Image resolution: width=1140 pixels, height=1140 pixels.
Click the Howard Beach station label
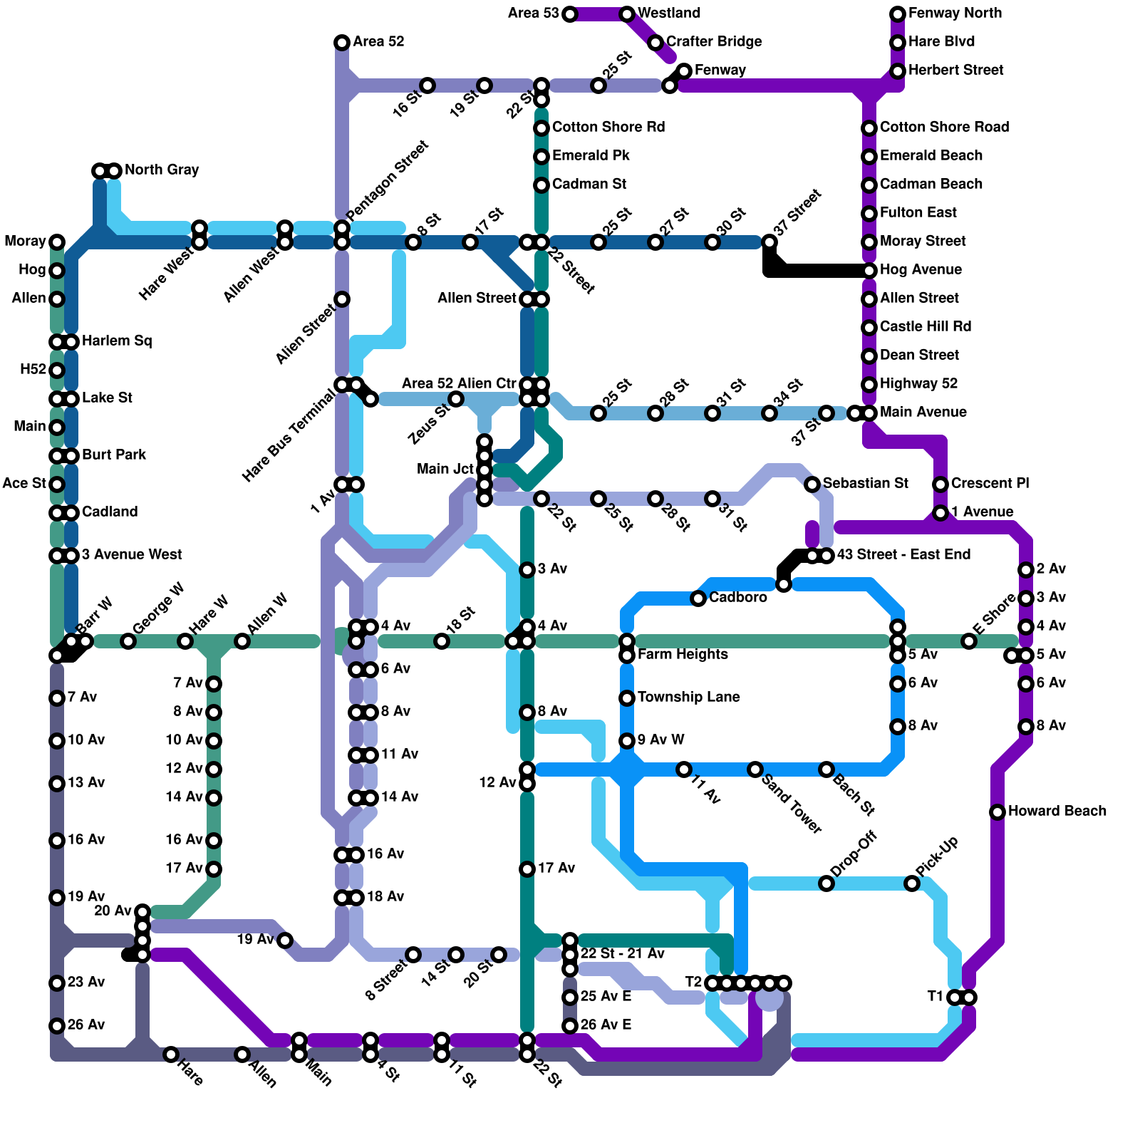point(1057,811)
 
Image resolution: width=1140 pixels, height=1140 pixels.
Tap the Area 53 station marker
point(570,14)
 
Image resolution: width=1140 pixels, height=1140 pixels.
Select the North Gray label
point(162,170)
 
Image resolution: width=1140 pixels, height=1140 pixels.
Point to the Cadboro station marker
point(698,598)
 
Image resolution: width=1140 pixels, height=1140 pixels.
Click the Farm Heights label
point(683,654)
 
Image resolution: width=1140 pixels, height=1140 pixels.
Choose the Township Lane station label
point(688,697)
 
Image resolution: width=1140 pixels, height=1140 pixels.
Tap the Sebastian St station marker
point(812,484)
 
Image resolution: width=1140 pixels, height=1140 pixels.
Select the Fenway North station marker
point(898,14)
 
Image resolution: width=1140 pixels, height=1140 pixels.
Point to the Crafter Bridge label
point(714,41)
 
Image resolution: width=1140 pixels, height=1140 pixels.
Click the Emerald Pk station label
point(591,155)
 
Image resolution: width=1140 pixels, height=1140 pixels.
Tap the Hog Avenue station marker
point(869,271)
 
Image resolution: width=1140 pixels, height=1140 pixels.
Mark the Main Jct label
point(445,469)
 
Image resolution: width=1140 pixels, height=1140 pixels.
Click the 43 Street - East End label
point(903,554)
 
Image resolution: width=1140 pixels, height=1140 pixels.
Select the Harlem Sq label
point(117,341)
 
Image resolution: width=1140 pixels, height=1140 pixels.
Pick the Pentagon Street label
point(388,181)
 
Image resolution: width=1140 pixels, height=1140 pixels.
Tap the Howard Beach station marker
point(997,812)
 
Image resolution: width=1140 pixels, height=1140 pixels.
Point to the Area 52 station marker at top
point(342,43)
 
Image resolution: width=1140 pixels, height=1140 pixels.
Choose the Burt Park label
point(114,455)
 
